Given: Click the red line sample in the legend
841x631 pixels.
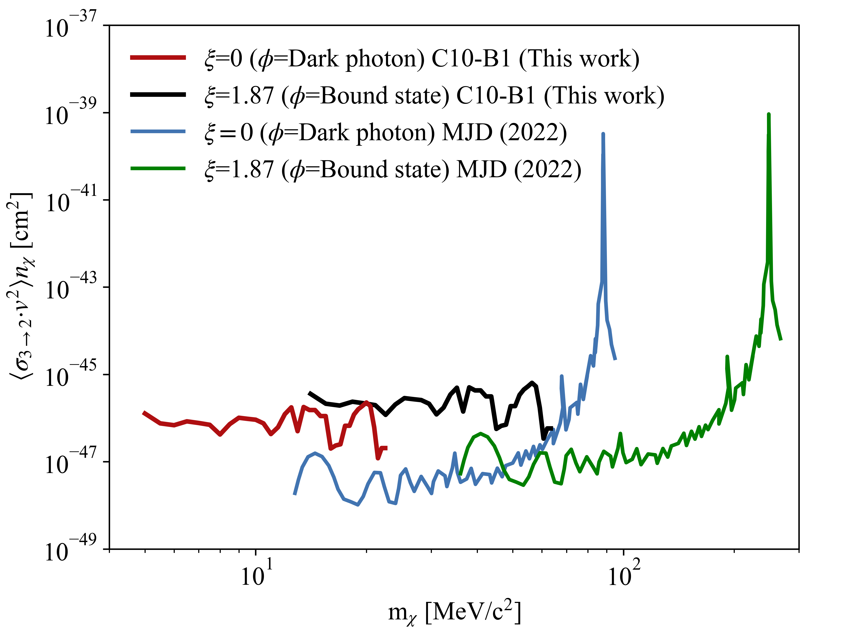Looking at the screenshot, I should tap(158, 58).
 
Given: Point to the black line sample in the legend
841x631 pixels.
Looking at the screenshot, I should tap(158, 95).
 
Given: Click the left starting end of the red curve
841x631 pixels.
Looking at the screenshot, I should tap(143, 412).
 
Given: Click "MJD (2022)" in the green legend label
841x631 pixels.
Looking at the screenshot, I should tap(519, 169).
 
